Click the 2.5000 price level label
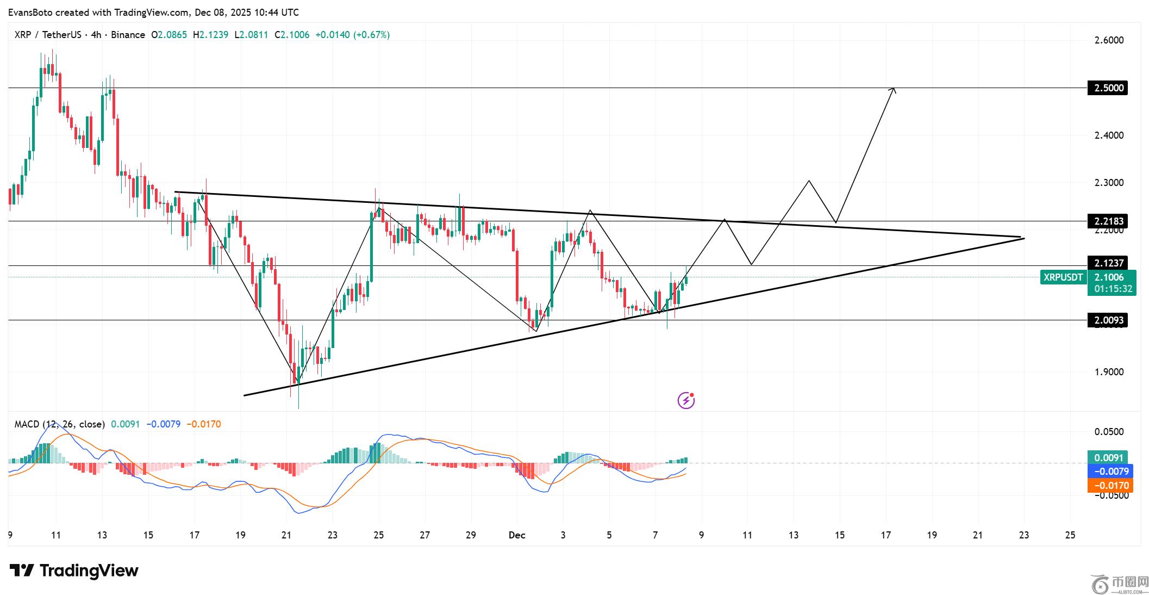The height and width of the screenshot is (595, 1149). tap(1107, 88)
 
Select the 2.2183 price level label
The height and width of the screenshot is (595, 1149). tap(1107, 221)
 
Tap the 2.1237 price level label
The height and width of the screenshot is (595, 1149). tap(1107, 263)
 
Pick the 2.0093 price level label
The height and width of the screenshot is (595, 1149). tap(1107, 320)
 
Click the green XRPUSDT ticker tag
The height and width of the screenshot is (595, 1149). tap(1063, 277)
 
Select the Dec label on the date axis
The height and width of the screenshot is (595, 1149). tap(517, 535)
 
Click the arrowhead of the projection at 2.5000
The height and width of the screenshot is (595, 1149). tap(892, 90)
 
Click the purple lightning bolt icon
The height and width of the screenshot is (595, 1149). tap(686, 400)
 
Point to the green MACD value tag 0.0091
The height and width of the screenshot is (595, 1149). tap(1107, 457)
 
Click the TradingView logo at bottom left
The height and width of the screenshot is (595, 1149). tap(74, 571)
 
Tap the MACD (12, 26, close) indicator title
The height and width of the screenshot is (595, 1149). tap(59, 424)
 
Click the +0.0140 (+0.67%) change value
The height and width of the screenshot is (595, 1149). tap(352, 35)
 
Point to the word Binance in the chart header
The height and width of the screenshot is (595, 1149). tap(128, 35)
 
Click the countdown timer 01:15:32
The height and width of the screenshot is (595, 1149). tap(1113, 289)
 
